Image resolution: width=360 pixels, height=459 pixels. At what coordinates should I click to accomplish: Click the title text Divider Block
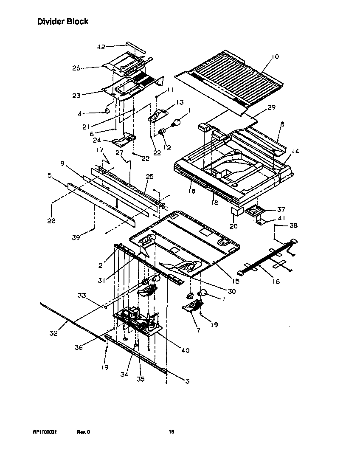coord(63,21)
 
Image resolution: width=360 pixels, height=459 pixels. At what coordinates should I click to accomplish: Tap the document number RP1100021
coord(45,432)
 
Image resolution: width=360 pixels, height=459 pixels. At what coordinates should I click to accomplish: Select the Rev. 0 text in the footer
coord(83,432)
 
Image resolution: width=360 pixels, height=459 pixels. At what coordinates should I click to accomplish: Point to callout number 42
coord(101,47)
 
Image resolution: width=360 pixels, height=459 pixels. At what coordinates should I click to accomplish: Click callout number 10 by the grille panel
coord(275,56)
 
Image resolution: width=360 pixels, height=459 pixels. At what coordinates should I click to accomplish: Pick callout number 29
coord(271,107)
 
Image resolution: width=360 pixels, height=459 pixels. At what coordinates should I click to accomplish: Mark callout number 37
coord(281,209)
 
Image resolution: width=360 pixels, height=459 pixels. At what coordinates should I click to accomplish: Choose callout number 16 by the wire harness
coord(276,281)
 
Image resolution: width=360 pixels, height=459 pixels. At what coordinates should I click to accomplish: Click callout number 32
coord(53,333)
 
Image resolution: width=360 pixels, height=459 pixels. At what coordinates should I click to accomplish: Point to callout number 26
coord(76,68)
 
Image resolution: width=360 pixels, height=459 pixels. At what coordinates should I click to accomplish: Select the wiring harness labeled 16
coord(267,259)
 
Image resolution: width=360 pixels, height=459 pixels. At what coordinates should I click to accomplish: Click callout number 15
coord(236,281)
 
